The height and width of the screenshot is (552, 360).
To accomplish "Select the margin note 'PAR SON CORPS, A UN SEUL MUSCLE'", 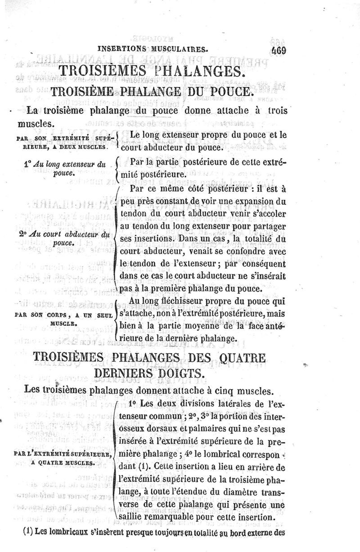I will click(66, 317).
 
